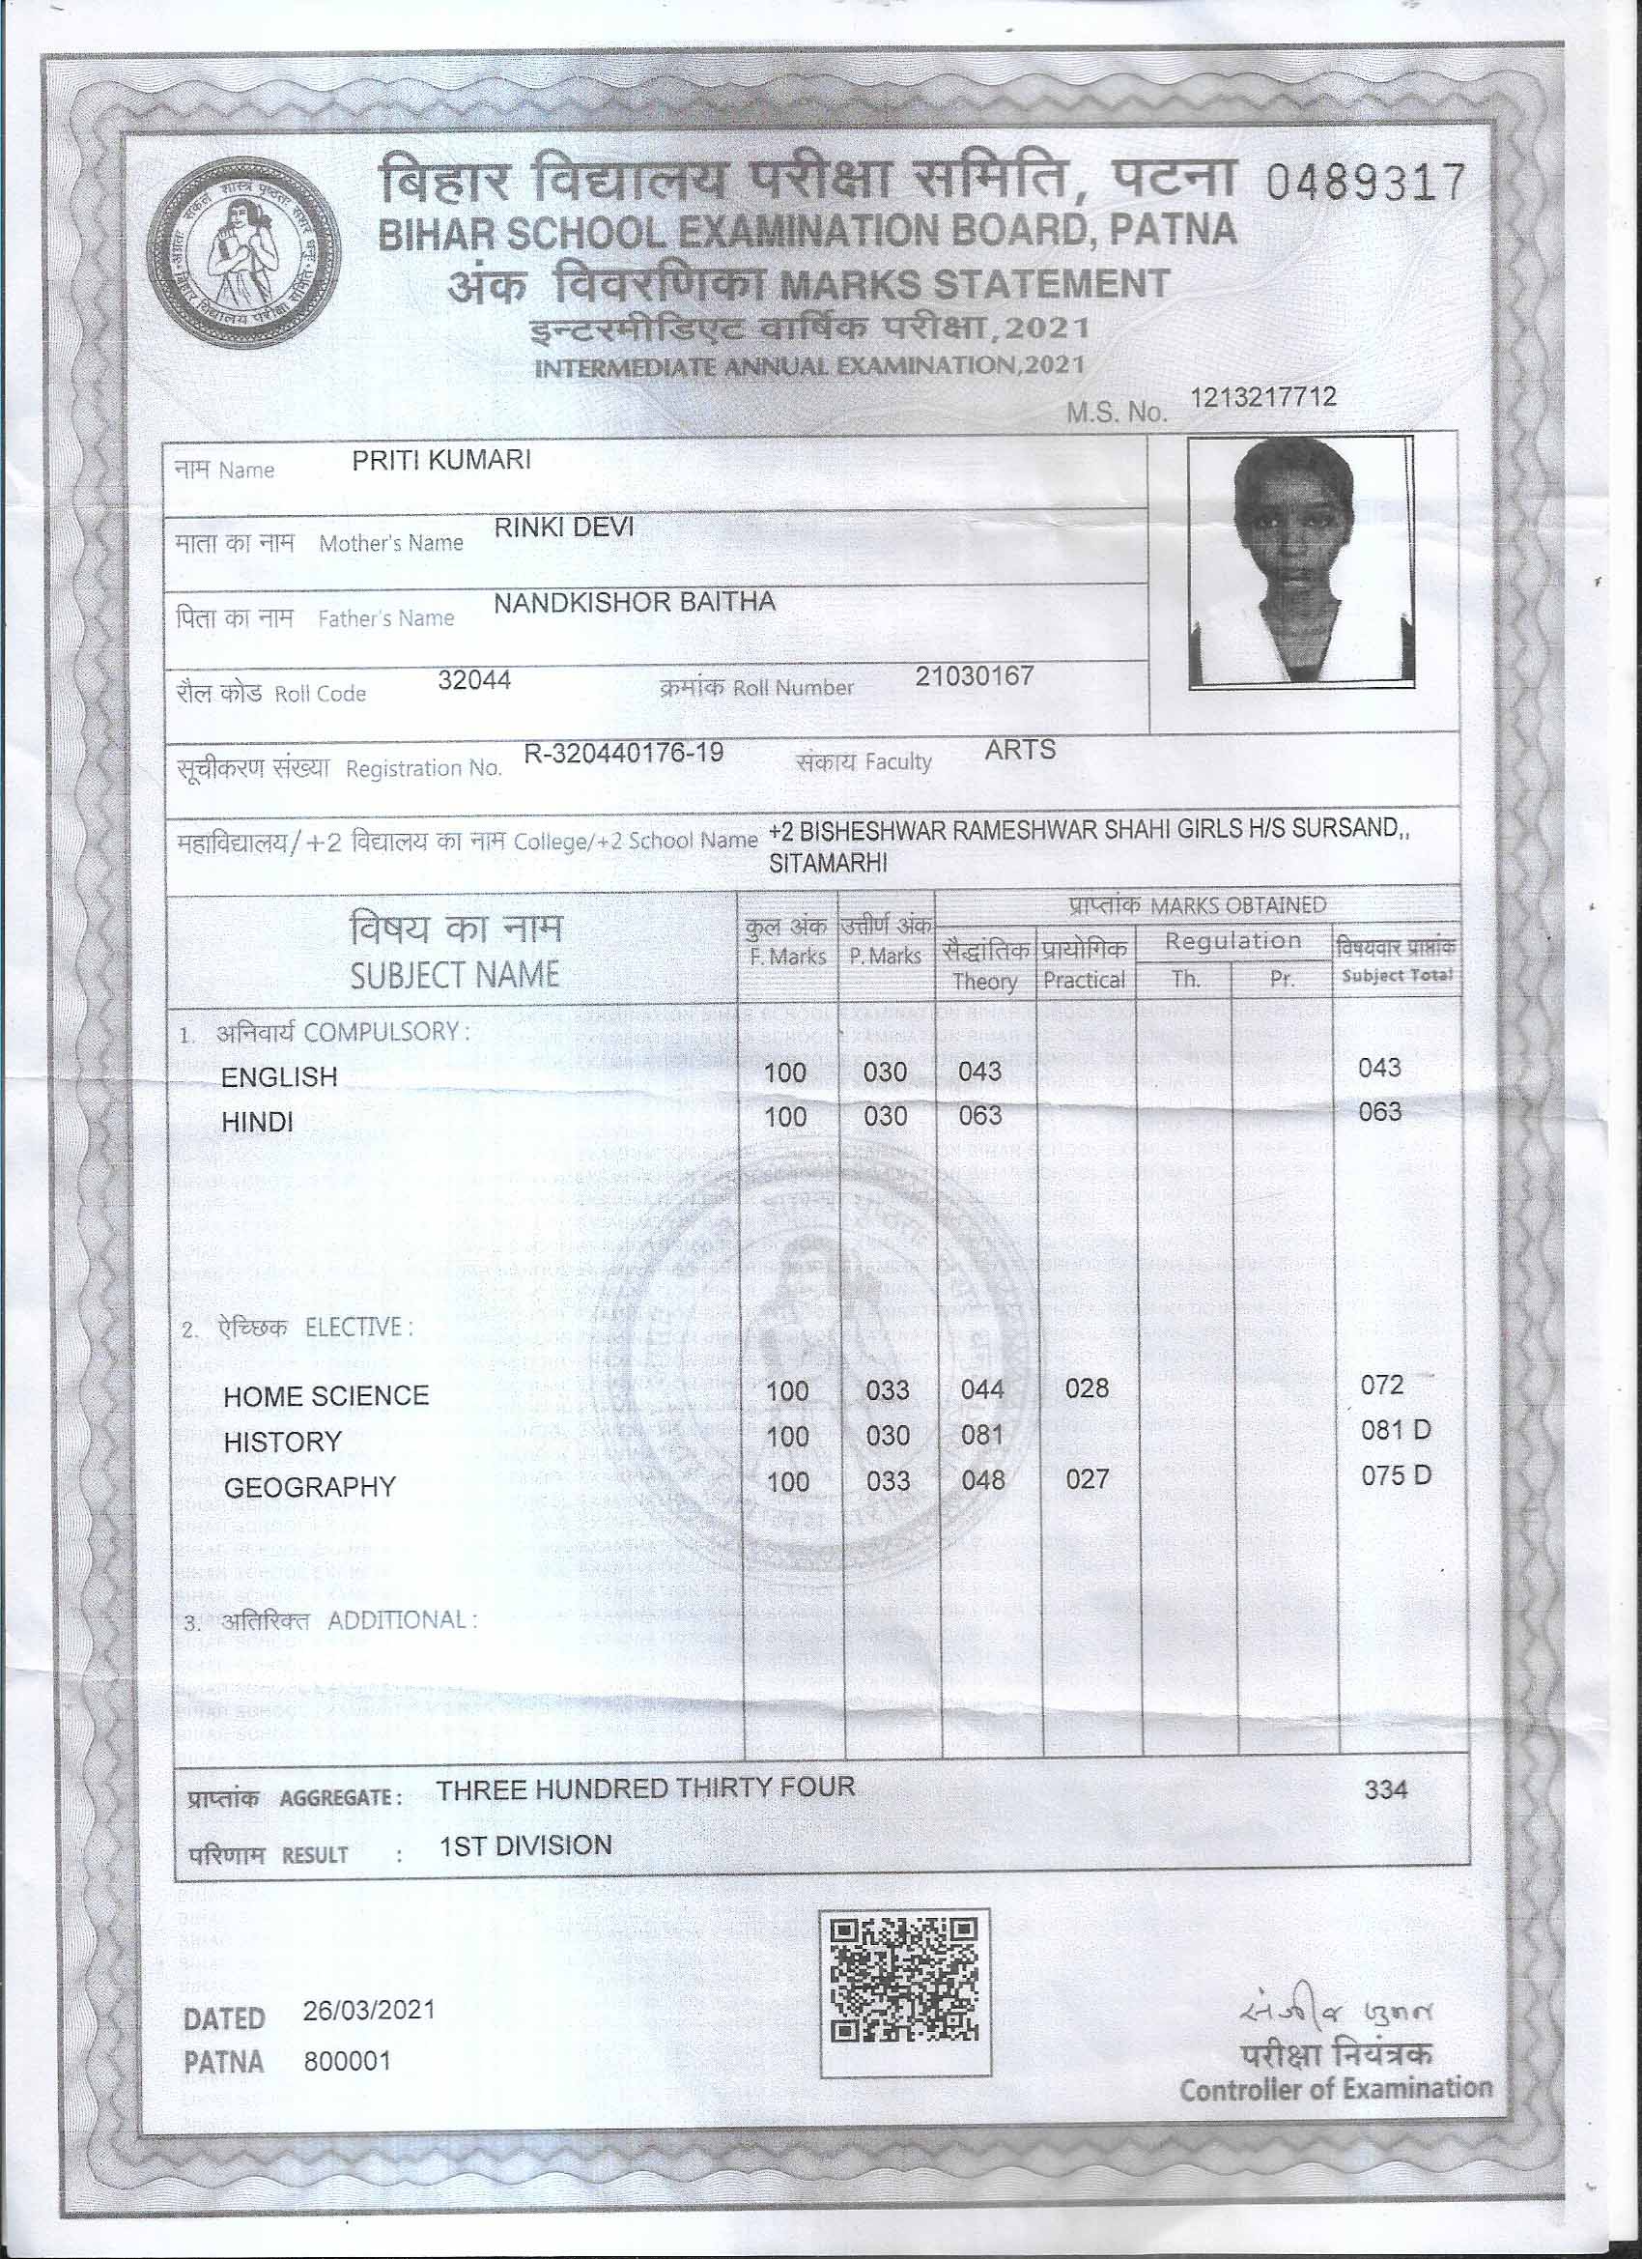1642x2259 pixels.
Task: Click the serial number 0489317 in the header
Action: point(1365,182)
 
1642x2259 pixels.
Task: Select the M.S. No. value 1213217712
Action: point(1262,397)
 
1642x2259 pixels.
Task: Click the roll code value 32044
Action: point(474,679)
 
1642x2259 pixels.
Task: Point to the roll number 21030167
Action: point(974,676)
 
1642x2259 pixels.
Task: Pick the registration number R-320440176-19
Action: point(623,753)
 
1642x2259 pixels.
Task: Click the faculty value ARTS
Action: point(1020,750)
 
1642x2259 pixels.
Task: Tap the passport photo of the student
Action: point(1300,560)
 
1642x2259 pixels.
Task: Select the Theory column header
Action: point(984,981)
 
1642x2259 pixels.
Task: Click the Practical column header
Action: point(1084,980)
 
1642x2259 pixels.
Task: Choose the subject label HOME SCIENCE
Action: point(326,1395)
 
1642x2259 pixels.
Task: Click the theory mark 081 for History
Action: point(980,1435)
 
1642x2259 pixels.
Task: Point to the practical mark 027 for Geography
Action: point(1087,1479)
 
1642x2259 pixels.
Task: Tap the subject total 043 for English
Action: point(1379,1069)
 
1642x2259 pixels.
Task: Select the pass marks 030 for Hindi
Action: point(885,1117)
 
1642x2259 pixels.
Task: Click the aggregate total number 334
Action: point(1385,1789)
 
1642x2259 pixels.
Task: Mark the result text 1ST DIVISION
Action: point(525,1845)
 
